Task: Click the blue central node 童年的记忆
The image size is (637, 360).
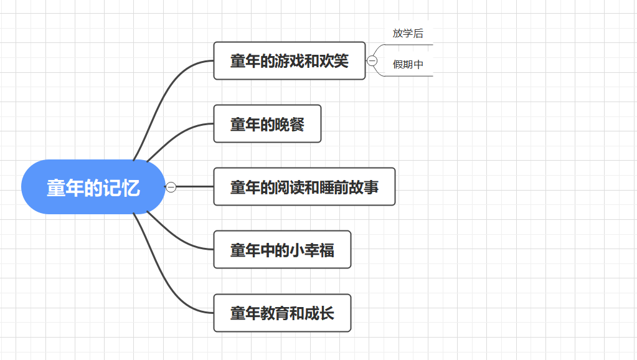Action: coord(93,187)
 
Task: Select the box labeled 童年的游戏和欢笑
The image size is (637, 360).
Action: coord(289,61)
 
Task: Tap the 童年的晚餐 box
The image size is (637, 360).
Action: coord(267,124)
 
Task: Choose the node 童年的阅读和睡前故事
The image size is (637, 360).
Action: coord(304,187)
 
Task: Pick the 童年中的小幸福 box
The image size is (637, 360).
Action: coord(282,250)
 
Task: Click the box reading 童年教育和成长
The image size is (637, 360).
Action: coord(282,313)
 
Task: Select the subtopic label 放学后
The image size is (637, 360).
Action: coord(408,34)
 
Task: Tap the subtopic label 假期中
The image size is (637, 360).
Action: coord(408,64)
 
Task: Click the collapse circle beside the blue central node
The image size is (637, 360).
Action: coord(171,187)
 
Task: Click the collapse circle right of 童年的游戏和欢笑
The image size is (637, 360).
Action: coord(372,61)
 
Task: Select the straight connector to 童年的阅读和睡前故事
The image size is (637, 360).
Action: coord(196,187)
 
